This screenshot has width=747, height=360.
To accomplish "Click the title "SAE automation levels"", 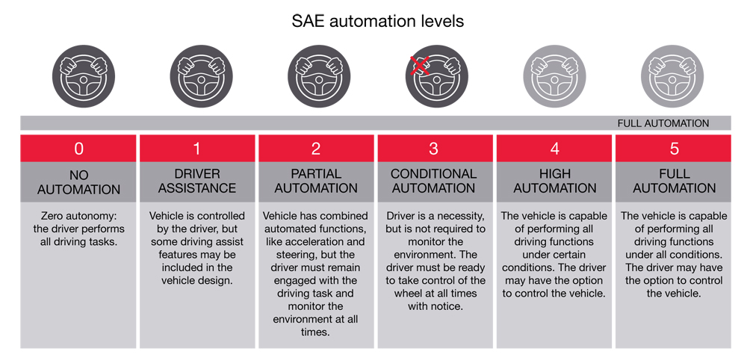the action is tap(378, 22).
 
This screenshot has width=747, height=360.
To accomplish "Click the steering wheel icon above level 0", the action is tap(84, 76).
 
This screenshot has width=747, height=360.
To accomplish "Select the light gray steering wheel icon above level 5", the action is tap(672, 76).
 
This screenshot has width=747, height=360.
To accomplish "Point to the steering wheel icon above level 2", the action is tap(319, 76).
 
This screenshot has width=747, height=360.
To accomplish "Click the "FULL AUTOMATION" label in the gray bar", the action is tap(663, 123).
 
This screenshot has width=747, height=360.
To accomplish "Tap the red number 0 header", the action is tap(78, 149).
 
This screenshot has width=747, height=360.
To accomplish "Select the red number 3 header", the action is tap(435, 149).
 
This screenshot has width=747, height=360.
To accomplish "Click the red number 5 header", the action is tap(673, 149).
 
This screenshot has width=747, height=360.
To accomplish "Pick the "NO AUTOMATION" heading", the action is tap(78, 182).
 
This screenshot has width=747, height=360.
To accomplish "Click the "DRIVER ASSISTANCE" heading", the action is tap(197, 181).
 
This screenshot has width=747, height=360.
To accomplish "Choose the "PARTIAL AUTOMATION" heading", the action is tap(316, 181).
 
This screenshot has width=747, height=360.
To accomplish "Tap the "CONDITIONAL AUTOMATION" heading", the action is tap(433, 181).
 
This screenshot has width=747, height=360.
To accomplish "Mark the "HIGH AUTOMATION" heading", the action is tap(555, 181).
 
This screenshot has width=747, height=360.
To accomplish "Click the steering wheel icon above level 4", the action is tap(554, 76).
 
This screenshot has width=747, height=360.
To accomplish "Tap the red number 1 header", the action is tap(197, 149).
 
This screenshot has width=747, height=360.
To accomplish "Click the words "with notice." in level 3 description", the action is tap(435, 306).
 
